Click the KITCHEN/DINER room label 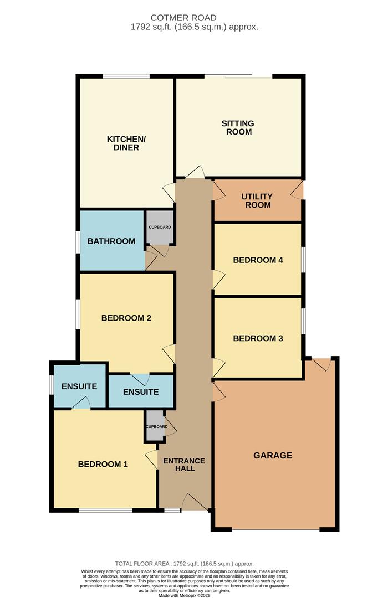click(x=126, y=143)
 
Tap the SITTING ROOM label click(x=238, y=127)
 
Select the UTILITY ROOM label click(x=257, y=200)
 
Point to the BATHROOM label click(x=111, y=241)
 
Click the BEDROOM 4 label click(x=258, y=260)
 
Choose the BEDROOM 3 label click(x=258, y=338)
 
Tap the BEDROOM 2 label click(x=126, y=318)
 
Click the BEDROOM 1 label click(x=103, y=464)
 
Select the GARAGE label click(x=273, y=455)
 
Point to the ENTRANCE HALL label click(x=185, y=465)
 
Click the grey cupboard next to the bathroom click(x=160, y=228)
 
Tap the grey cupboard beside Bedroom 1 click(x=155, y=426)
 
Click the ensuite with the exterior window click(x=79, y=386)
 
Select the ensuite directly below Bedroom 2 click(x=141, y=391)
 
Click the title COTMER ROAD click(x=183, y=18)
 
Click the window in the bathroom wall click(x=78, y=241)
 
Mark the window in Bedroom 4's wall click(x=304, y=260)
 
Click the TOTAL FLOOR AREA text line click(x=185, y=564)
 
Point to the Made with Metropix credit click(x=185, y=595)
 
